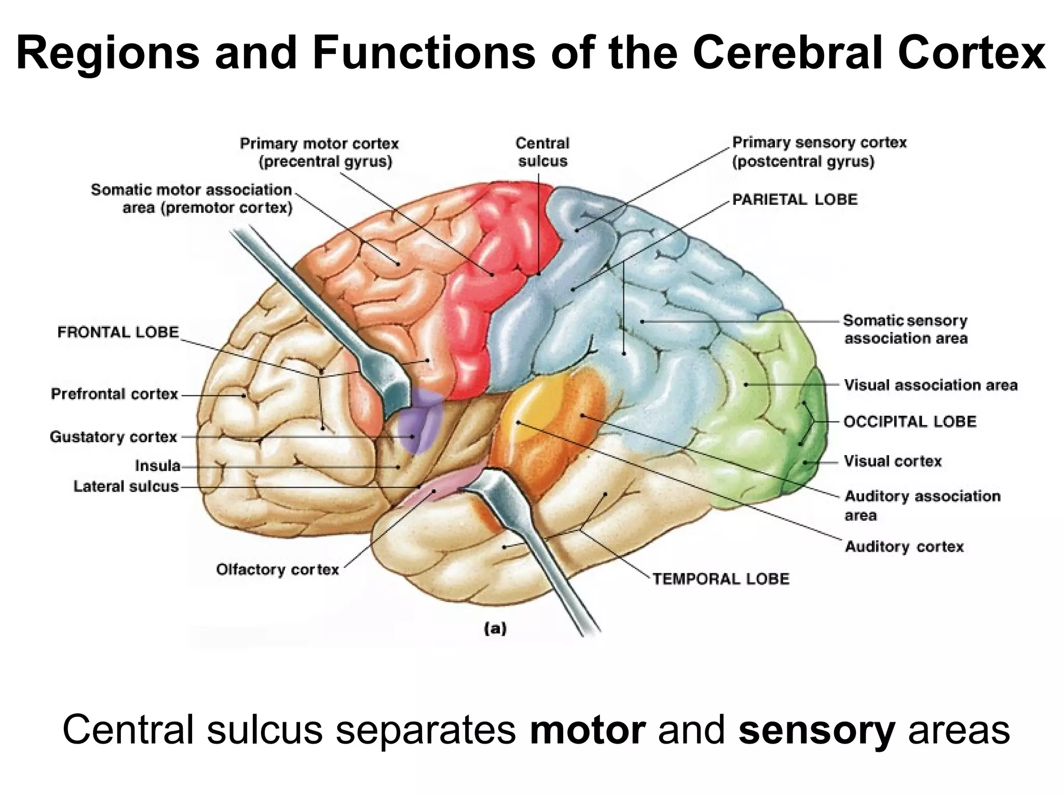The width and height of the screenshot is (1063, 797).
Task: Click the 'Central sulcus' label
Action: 542,152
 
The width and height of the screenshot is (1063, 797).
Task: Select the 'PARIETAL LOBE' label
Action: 795,200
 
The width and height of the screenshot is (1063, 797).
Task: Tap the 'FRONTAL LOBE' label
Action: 118,332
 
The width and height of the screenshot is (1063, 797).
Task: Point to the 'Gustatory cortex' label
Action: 114,437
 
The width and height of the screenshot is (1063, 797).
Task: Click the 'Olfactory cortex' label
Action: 277,570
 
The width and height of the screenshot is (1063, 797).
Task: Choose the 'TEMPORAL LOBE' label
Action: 720,579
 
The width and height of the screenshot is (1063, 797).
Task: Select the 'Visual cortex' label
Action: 892,461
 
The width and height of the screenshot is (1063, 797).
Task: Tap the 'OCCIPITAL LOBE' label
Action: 910,421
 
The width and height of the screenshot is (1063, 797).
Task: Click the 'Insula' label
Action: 158,466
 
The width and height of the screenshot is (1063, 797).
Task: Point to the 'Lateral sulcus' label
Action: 126,487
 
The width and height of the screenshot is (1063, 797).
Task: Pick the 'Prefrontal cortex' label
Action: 114,394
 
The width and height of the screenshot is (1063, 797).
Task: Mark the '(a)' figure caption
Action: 495,629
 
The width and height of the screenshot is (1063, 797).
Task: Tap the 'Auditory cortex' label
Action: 904,546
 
